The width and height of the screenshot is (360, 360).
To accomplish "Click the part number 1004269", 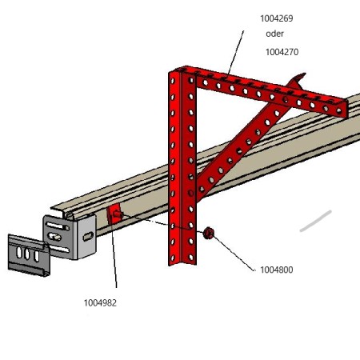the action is [277, 18].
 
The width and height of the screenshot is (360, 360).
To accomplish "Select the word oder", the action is [274, 34].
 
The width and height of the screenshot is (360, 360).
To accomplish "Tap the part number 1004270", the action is [282, 52].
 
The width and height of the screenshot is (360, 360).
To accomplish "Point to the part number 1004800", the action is [277, 270].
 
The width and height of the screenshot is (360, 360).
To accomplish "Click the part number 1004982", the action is [100, 303].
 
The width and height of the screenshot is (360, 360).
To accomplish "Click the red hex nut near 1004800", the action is [208, 234].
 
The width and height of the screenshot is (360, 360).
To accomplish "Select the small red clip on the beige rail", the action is [114, 214].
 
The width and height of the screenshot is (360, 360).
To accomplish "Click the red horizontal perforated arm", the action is [266, 90].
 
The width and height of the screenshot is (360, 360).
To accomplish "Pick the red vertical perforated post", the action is [182, 166].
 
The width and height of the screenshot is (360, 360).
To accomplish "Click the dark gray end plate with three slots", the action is [29, 255].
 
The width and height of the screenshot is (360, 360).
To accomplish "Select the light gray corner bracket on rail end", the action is [70, 237].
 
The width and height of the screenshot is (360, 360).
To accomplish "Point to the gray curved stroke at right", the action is [316, 221].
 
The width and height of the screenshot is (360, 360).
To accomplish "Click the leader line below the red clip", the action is [114, 256].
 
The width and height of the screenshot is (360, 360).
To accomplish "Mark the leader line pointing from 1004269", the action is [236, 53].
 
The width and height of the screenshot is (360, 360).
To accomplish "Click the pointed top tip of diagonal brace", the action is [305, 74].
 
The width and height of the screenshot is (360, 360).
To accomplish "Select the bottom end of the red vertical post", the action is [182, 264].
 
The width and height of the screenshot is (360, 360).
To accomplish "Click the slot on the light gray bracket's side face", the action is [88, 236].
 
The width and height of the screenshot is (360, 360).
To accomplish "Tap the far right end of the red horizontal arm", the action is [347, 109].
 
